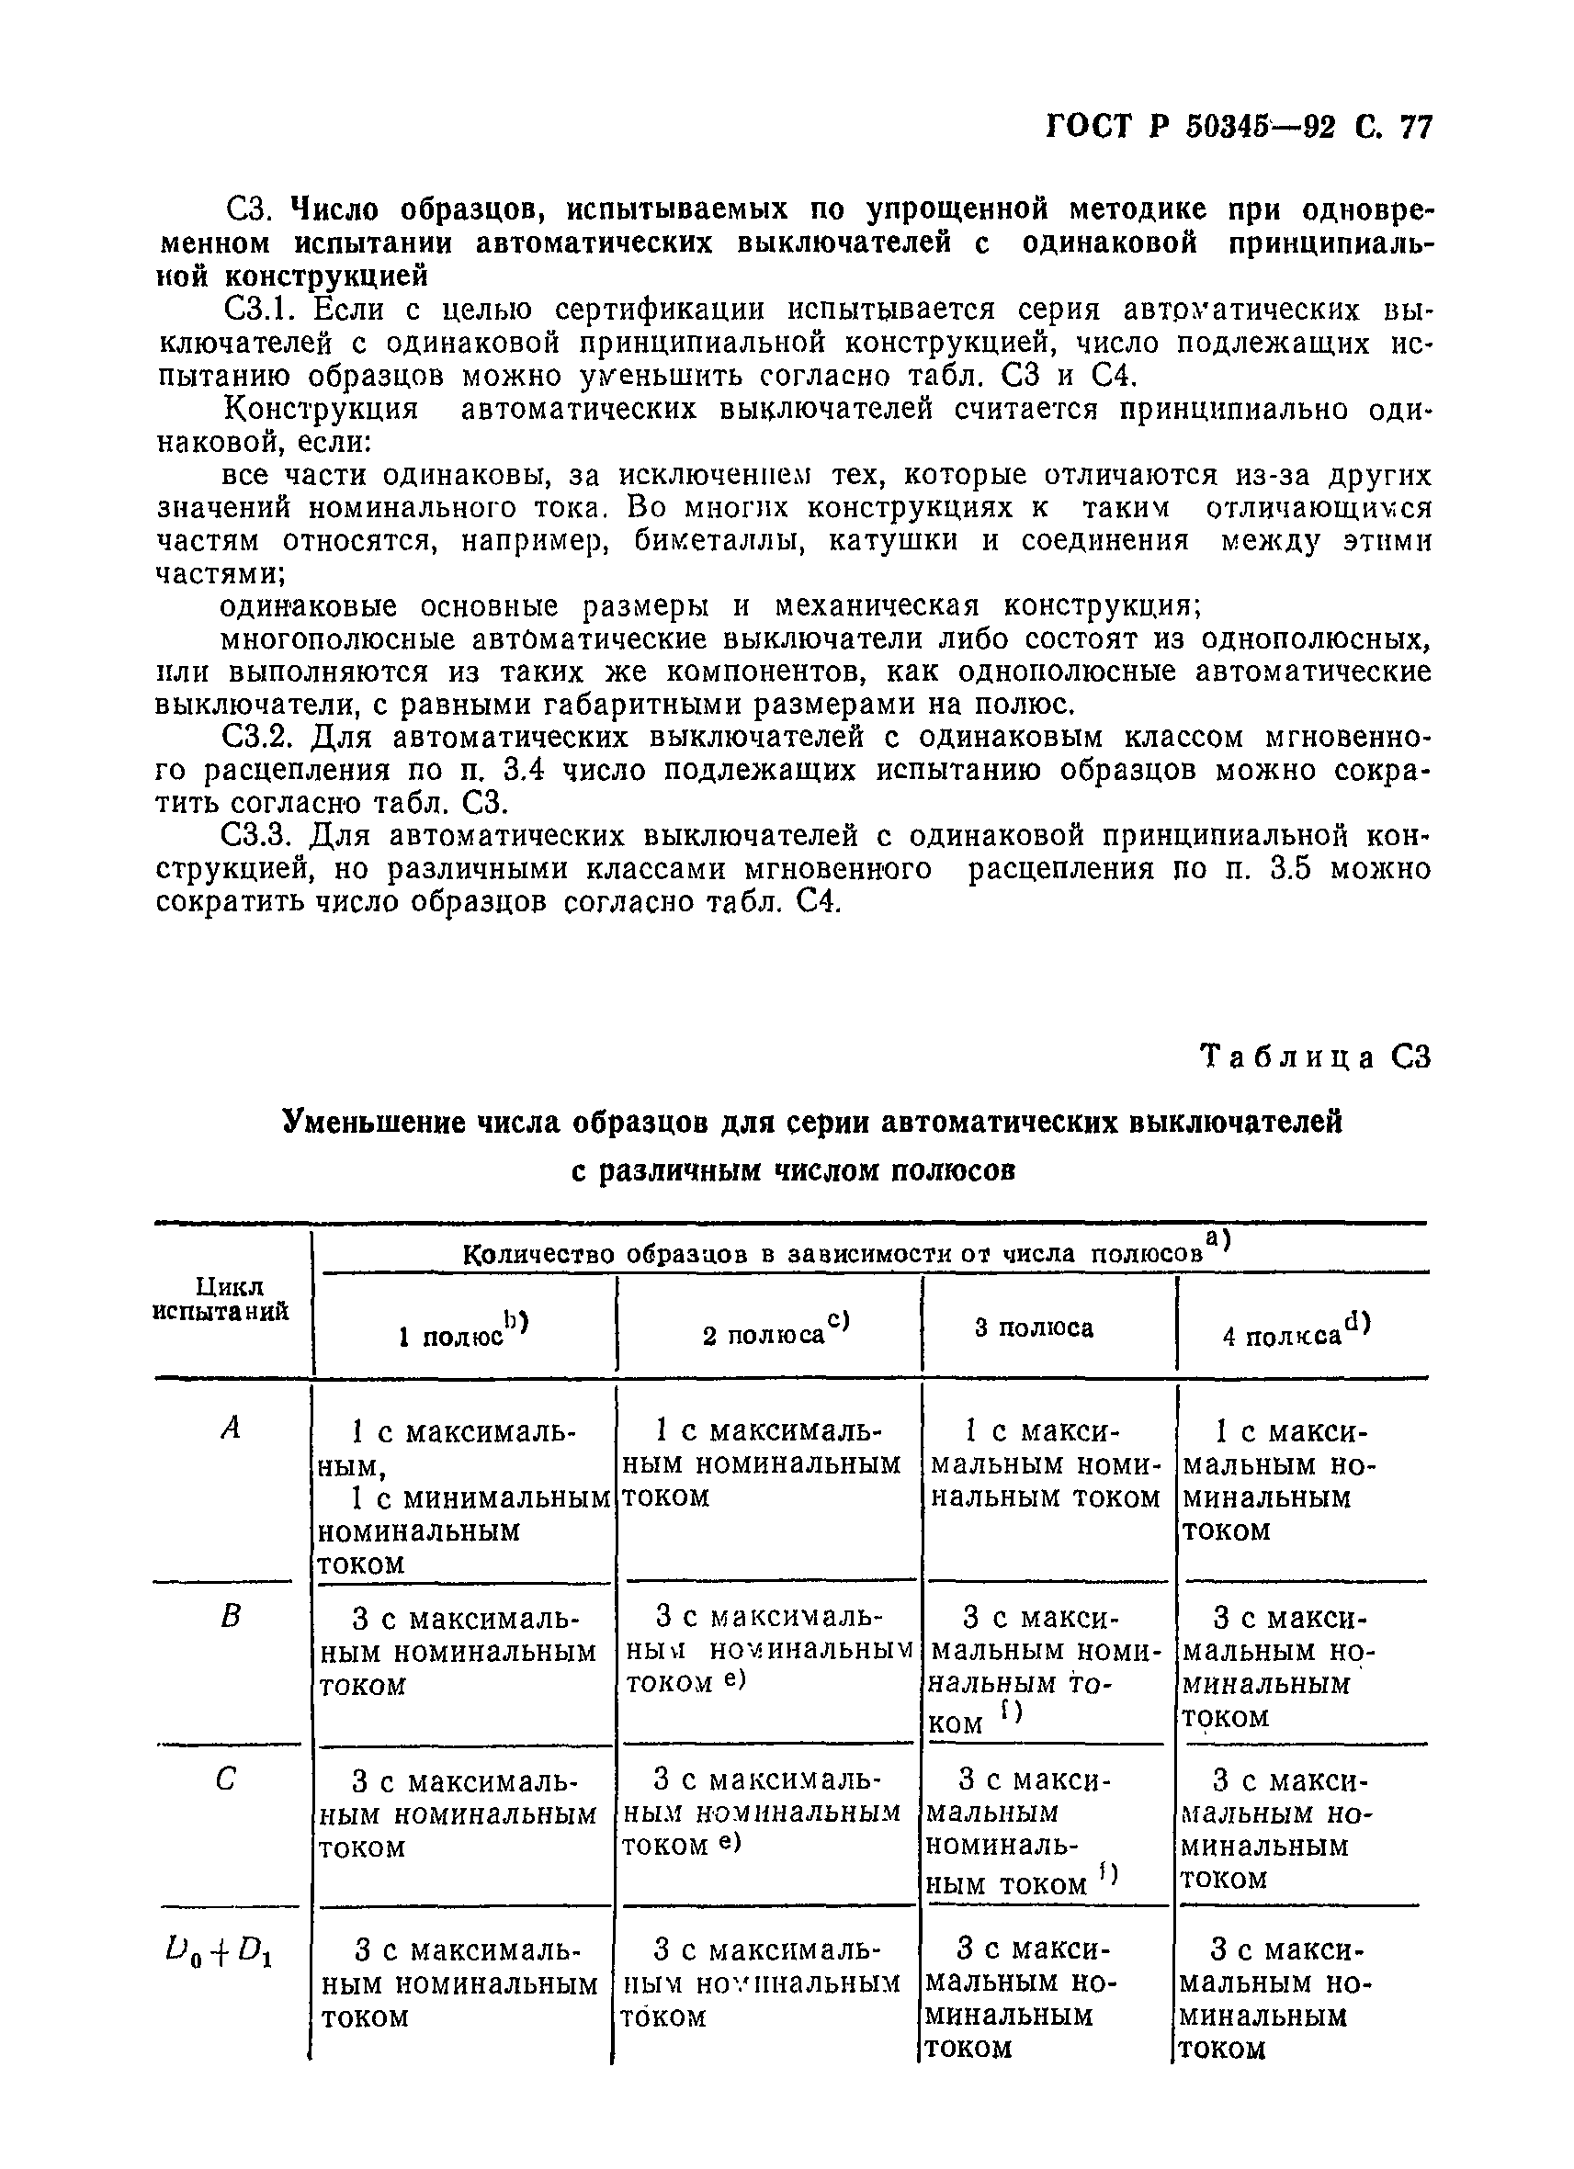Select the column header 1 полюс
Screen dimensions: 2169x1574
pyautogui.click(x=463, y=1329)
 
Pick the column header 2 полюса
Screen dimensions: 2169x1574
pyautogui.click(x=775, y=1329)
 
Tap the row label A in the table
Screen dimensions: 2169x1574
pyautogui.click(x=230, y=1429)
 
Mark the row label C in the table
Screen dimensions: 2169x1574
pyautogui.click(x=227, y=1779)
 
